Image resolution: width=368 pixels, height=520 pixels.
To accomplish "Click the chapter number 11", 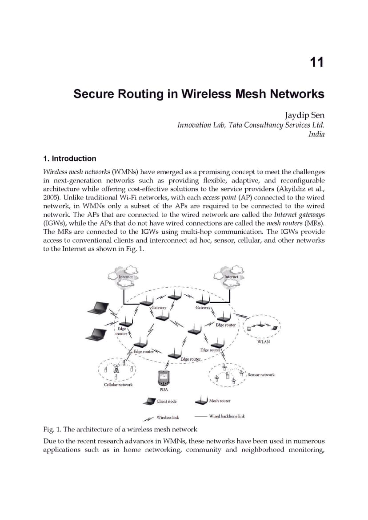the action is tap(317, 62).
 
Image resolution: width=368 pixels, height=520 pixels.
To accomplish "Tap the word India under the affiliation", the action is tap(316, 134).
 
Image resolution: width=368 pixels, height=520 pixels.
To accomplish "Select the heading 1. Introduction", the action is tap(69, 158).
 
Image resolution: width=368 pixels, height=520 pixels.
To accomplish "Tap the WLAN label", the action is tap(264, 341).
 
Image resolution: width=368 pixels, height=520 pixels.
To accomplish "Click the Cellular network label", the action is tap(118, 384).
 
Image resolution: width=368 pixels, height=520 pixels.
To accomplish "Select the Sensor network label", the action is tap(261, 375).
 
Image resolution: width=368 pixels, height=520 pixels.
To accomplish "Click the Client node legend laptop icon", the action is tap(149, 401).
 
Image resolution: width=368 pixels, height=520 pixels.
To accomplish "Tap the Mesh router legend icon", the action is tap(201, 401).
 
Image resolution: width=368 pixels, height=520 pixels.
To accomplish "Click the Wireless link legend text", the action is tap(168, 417).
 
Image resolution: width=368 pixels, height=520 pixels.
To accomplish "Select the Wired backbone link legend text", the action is tap(227, 416).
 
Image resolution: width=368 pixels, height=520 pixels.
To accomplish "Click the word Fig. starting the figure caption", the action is tap(48, 430).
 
